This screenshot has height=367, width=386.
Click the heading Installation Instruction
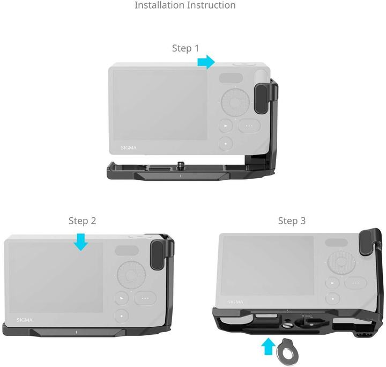pyautogui.click(x=185, y=5)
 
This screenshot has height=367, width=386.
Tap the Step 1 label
pyautogui.click(x=185, y=48)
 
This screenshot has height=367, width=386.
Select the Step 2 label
pyautogui.click(x=82, y=221)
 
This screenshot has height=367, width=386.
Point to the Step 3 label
pyautogui.click(x=292, y=221)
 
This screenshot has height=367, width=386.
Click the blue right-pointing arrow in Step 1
pyautogui.click(x=206, y=62)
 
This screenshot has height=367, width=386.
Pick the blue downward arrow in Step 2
pyautogui.click(x=81, y=241)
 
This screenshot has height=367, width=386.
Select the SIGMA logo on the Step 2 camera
pyautogui.click(x=24, y=320)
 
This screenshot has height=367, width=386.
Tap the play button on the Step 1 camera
pyautogui.click(x=226, y=127)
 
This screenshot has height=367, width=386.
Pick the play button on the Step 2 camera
pyautogui.click(x=122, y=298)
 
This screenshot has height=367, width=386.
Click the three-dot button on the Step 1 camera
pyautogui.click(x=249, y=126)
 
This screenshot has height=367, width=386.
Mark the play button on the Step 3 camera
pyautogui.click(x=333, y=283)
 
